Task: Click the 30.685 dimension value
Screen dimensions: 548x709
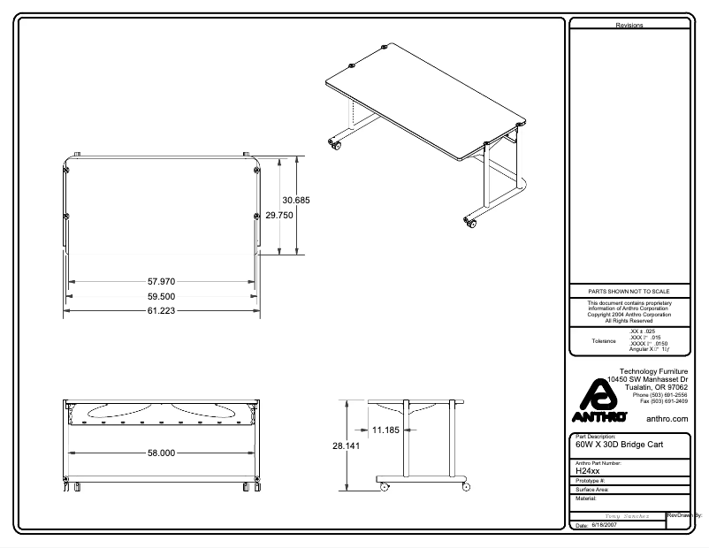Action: tap(296, 201)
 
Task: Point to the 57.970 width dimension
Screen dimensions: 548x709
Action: tap(167, 282)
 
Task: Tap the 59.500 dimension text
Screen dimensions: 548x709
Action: tap(167, 297)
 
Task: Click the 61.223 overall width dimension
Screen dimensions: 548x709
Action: tap(167, 311)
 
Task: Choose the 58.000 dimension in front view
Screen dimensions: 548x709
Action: tap(159, 453)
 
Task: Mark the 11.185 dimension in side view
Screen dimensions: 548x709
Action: tap(385, 430)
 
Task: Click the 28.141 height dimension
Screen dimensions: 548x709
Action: tap(347, 447)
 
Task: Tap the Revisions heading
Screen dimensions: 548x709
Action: tap(629, 26)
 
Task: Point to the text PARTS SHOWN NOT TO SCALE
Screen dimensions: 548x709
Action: tap(629, 291)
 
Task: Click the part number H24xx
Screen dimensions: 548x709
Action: tap(588, 471)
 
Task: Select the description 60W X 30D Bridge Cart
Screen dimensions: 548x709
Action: tap(619, 446)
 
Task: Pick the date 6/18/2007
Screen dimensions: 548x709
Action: tap(603, 525)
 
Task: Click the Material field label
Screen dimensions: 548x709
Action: tap(586, 499)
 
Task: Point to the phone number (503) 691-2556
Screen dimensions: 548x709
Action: tap(653, 394)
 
